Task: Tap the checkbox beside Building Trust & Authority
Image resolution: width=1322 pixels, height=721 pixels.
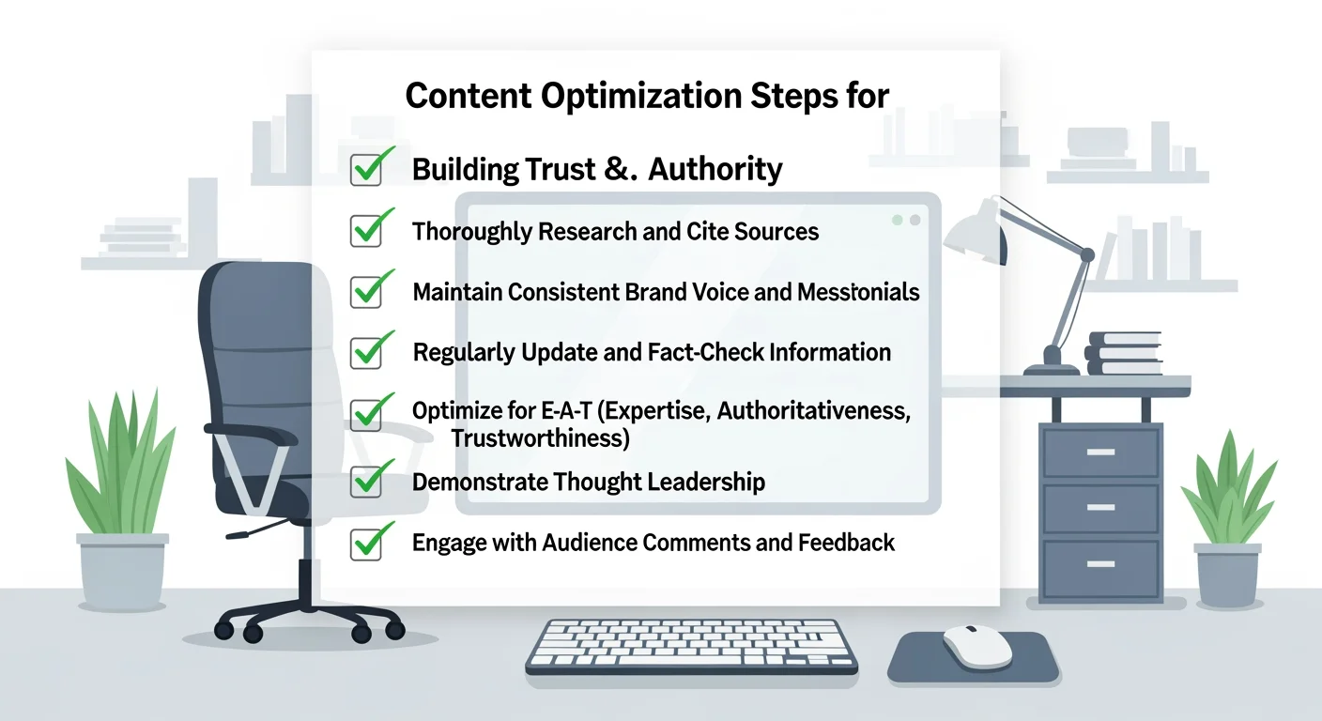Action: coord(365,170)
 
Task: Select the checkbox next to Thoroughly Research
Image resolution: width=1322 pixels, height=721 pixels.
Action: coord(365,231)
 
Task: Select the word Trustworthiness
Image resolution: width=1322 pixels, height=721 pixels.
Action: coord(540,437)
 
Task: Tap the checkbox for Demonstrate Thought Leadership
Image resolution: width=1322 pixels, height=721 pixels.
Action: coord(365,481)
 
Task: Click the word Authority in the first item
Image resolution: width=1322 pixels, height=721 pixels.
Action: coord(715,170)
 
